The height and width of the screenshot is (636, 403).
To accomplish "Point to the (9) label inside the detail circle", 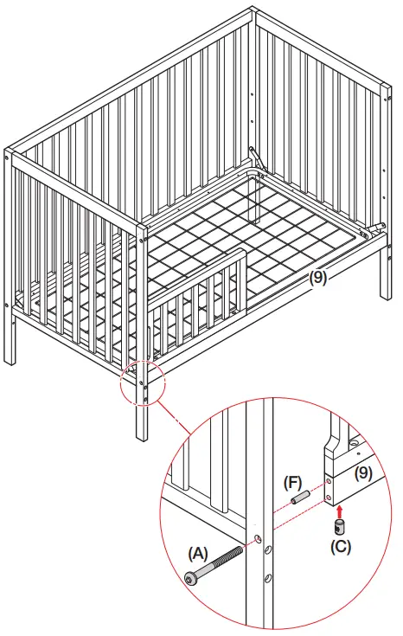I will coord(364,473).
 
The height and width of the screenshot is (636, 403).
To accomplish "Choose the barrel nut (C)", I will coord(339,526).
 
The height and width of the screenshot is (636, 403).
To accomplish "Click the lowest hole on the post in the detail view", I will coord(267,577).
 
